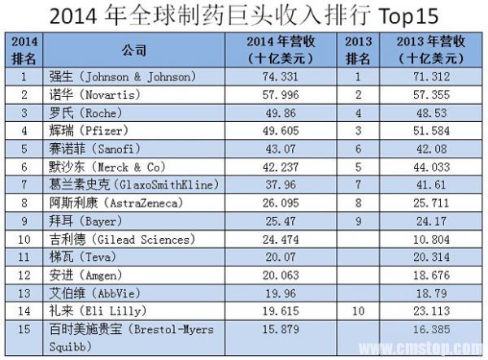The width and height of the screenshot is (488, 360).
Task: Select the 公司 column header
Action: pyautogui.click(x=136, y=50)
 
